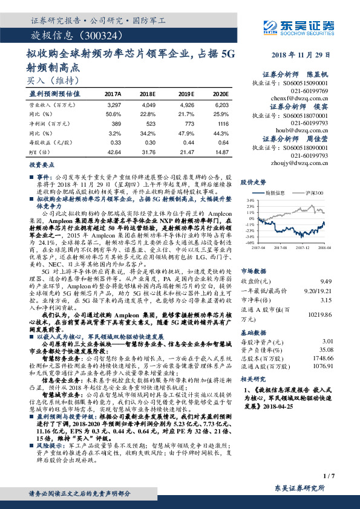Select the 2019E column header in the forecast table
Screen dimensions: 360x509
click(183, 94)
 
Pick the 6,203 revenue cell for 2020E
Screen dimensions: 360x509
click(220, 105)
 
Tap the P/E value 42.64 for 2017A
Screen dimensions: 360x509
click(113, 150)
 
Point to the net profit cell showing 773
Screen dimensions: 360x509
click(185, 123)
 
